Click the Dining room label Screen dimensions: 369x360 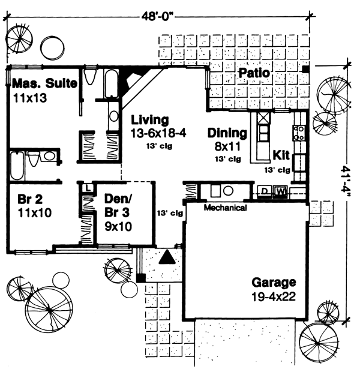227,133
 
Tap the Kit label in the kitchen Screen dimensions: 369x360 281,155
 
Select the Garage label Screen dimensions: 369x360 274,282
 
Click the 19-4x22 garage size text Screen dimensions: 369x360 274,296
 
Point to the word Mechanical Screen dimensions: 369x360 225,208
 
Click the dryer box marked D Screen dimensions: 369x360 263,192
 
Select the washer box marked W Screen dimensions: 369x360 280,192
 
